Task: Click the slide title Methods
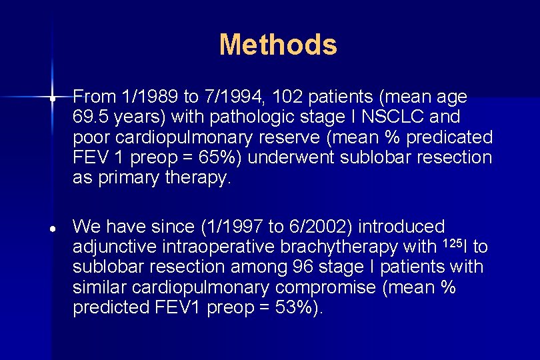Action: [278, 45]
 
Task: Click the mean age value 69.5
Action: [91, 117]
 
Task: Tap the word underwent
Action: [313, 158]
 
